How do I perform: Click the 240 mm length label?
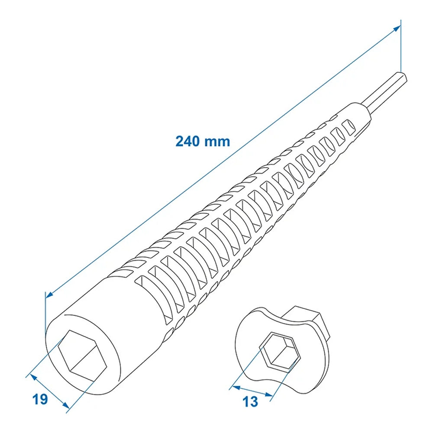tap(203, 142)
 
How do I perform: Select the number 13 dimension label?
tap(251, 401)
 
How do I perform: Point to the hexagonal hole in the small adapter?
tap(280, 352)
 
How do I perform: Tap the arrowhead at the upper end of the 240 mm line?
tap(397, 29)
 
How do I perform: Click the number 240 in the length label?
tap(188, 142)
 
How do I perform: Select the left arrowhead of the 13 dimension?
tap(234, 387)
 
